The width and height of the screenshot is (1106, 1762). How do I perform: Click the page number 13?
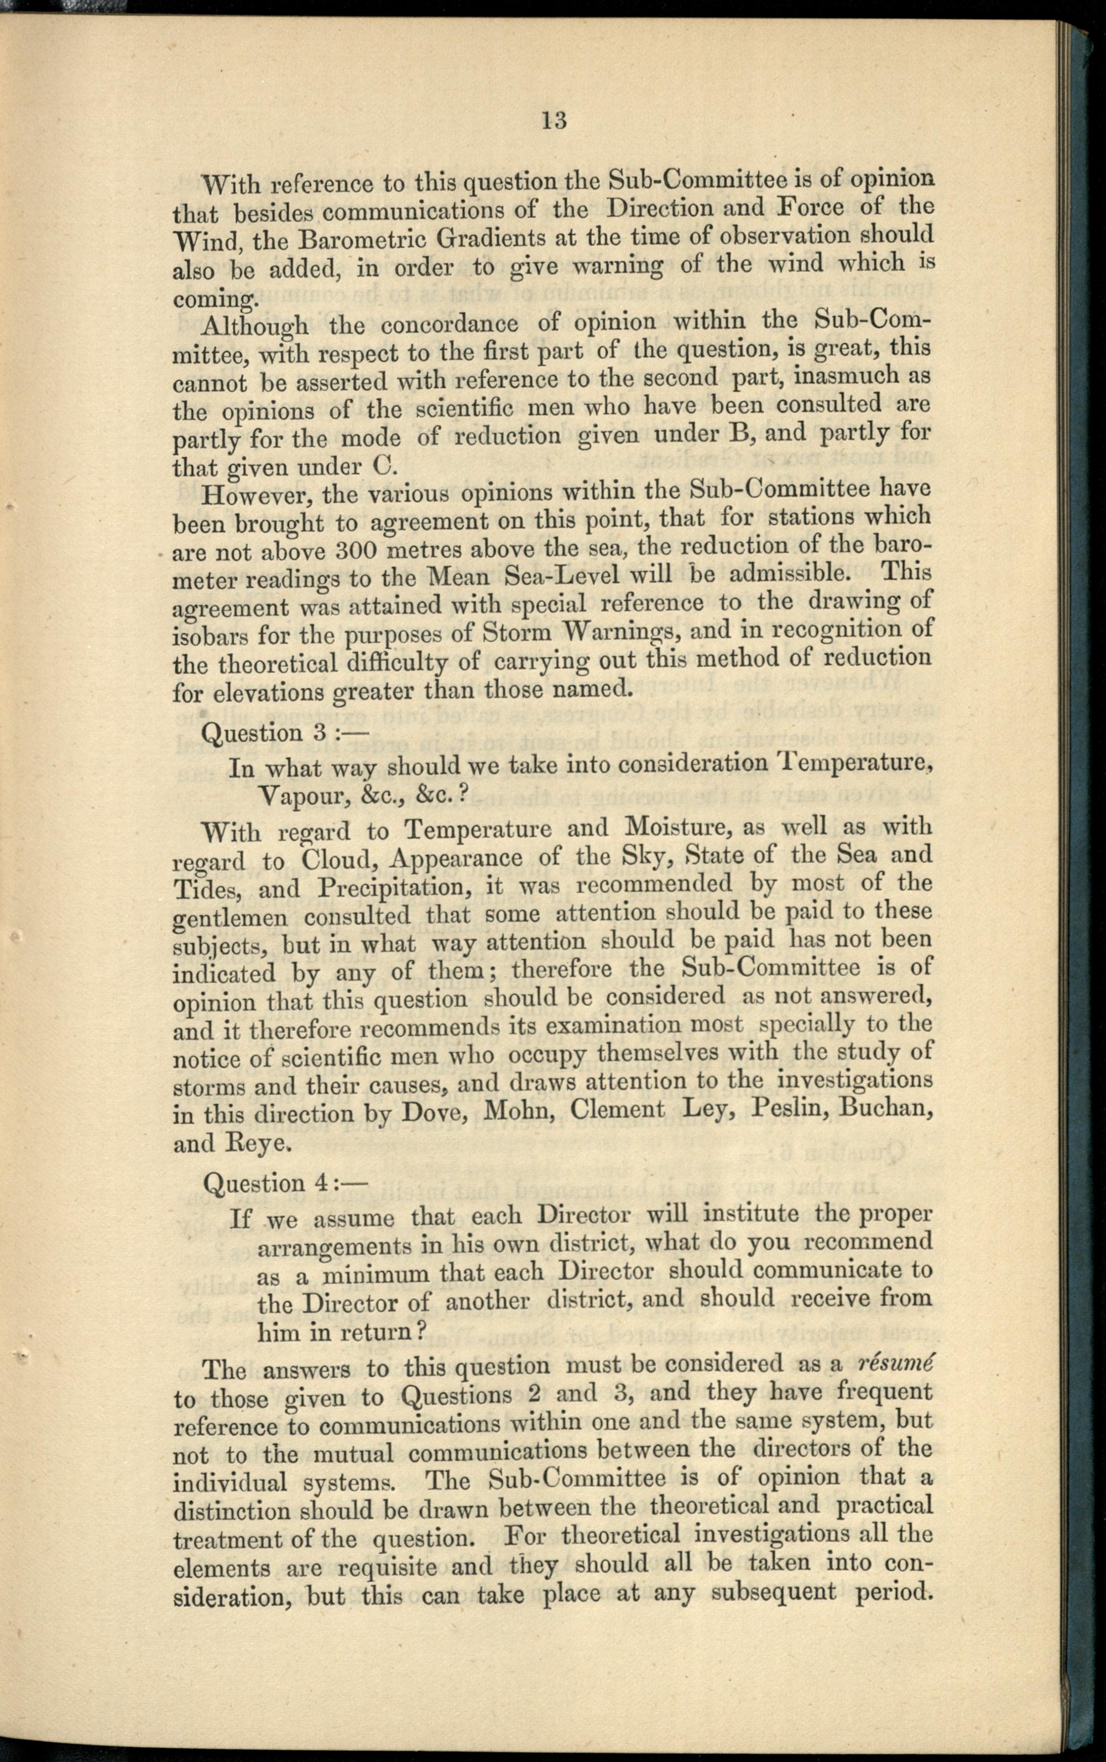coord(555,120)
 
